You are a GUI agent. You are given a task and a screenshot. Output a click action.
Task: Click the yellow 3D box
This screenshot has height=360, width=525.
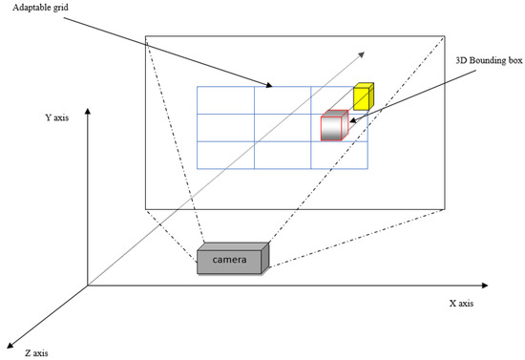[x=362, y=96]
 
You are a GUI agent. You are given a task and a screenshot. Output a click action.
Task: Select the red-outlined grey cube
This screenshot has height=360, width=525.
[x=333, y=127]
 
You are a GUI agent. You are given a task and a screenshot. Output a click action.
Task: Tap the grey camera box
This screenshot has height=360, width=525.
[x=234, y=259]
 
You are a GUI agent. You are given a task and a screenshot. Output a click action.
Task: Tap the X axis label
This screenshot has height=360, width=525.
[x=461, y=304]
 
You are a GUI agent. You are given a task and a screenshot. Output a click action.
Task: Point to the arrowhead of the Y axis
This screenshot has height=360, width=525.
[x=88, y=111]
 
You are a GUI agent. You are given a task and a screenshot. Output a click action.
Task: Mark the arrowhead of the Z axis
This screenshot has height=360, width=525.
[x=10, y=343]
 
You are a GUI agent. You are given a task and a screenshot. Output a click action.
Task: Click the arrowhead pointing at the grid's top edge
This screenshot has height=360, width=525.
[x=271, y=86]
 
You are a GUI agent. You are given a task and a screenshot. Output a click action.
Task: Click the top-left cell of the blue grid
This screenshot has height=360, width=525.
[x=225, y=100]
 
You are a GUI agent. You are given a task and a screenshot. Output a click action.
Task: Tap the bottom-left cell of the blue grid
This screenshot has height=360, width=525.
[x=225, y=156]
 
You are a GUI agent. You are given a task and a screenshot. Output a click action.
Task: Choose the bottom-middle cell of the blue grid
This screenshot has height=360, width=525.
[x=283, y=156]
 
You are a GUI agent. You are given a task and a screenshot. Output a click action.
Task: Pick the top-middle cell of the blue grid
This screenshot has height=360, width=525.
[x=283, y=100]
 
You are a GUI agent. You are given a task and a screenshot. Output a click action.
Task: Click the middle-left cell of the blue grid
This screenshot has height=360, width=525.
[x=225, y=128]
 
